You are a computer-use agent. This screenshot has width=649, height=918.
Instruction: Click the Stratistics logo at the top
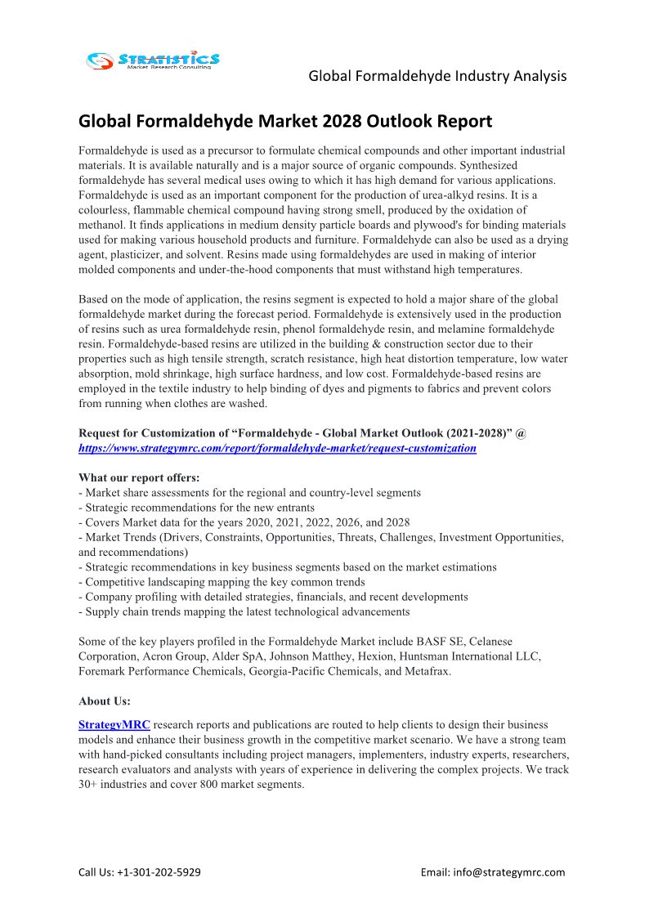coord(153,60)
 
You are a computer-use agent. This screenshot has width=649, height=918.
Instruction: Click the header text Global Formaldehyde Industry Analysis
coord(437,76)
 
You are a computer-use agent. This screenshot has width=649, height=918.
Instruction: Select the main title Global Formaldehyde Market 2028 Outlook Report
coord(285,122)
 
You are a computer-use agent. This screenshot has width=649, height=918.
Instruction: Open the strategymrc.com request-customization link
coord(277,448)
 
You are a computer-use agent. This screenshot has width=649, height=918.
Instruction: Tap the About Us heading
coord(105,701)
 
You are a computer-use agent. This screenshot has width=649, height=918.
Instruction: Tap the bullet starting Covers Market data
coord(244,522)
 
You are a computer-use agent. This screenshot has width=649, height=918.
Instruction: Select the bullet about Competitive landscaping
coord(222,581)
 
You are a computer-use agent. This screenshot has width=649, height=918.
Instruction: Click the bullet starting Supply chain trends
coord(244,611)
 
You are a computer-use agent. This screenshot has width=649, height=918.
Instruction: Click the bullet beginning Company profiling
coord(273,596)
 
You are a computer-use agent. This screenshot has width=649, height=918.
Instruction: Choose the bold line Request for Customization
coord(302,432)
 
